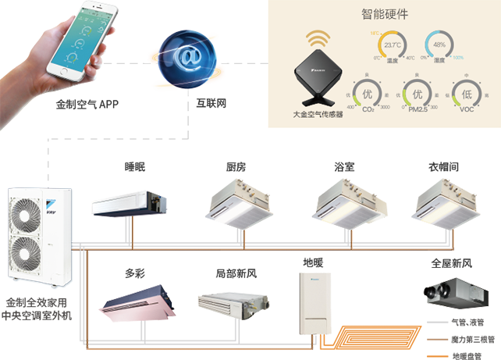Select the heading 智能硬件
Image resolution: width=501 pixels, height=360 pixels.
[x=386, y=15]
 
